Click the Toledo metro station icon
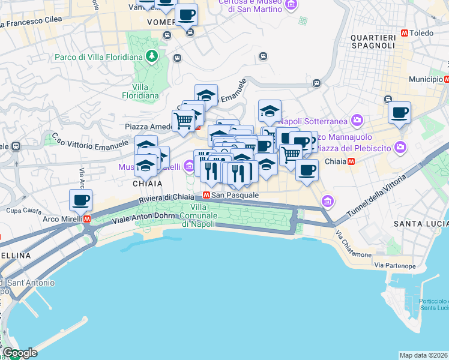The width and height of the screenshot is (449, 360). pyautogui.click(x=405, y=33)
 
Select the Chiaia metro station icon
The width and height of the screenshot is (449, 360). pyautogui.click(x=351, y=161)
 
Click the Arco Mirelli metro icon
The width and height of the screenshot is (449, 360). pyautogui.click(x=88, y=219)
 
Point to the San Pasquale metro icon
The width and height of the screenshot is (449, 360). pyautogui.click(x=206, y=195)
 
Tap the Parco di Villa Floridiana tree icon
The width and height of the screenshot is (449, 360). pyautogui.click(x=152, y=57)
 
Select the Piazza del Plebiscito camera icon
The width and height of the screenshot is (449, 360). pyautogui.click(x=400, y=147)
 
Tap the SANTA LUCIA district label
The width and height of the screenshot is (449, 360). pyautogui.click(x=420, y=223)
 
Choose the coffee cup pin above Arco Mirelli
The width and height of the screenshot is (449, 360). pyautogui.click(x=80, y=200)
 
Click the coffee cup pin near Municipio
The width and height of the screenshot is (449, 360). pyautogui.click(x=399, y=112)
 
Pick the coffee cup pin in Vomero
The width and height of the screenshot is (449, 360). pyautogui.click(x=186, y=14)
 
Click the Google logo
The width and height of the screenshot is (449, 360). pyautogui.click(x=19, y=353)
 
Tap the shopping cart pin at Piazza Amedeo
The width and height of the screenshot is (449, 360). pyautogui.click(x=184, y=120)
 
